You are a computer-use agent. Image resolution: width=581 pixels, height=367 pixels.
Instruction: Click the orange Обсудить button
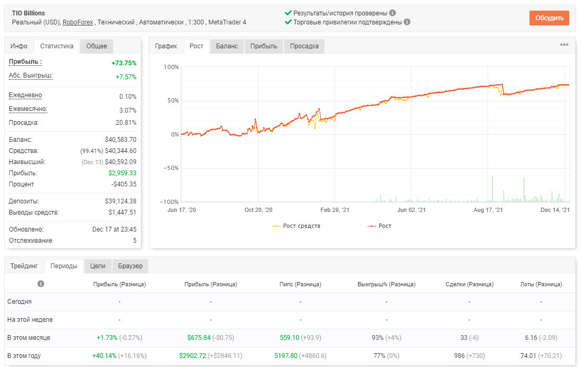(549, 18)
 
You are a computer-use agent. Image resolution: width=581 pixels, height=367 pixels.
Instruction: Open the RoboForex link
(78, 22)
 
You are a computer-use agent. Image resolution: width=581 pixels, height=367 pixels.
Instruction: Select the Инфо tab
(19, 46)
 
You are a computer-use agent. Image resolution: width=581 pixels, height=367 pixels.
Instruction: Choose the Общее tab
(96, 46)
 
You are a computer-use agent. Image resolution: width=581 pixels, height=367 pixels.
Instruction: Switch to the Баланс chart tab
(227, 46)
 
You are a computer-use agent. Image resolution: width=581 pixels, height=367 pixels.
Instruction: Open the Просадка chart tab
(304, 46)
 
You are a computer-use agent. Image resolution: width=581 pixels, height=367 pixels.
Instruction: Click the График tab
(166, 46)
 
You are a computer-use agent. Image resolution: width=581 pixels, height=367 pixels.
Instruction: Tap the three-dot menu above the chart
(564, 45)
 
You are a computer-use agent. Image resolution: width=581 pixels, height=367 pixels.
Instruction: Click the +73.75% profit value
(124, 63)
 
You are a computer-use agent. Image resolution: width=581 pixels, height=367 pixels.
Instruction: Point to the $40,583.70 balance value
(121, 140)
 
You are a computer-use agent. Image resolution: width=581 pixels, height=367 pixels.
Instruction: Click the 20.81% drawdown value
(126, 123)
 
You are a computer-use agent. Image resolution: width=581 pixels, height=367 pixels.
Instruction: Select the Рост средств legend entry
(296, 226)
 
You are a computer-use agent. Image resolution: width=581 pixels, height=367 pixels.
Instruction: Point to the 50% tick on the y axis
(173, 100)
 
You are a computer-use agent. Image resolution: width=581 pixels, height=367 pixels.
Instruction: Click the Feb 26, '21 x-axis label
(335, 210)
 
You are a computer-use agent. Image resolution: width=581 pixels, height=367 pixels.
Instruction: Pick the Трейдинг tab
(24, 266)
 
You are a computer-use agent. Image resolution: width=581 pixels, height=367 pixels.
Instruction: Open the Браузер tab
(130, 266)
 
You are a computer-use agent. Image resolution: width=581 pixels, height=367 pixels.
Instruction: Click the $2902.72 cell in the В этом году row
(192, 356)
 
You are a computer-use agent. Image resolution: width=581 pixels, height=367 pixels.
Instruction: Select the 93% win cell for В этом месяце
(378, 338)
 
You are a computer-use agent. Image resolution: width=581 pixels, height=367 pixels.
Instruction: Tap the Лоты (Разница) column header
(541, 284)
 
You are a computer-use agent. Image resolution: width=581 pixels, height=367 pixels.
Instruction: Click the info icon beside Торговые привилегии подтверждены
(407, 22)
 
